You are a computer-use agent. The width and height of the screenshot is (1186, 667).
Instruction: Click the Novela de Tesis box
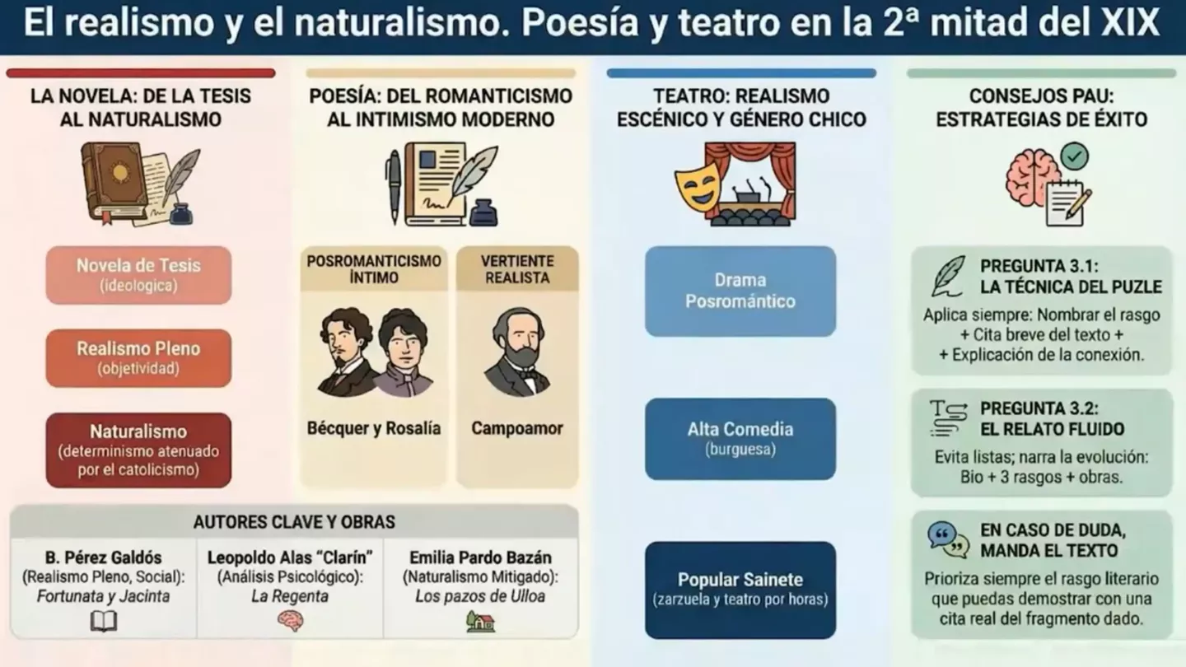138,275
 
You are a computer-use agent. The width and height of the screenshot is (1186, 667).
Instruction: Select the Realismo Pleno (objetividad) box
138,358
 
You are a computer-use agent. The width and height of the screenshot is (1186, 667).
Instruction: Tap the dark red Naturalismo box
138,450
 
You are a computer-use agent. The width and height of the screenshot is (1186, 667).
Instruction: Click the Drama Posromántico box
740,291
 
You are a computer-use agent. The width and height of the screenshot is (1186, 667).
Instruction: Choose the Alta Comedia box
740,439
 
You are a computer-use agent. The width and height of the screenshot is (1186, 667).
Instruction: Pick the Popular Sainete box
740,590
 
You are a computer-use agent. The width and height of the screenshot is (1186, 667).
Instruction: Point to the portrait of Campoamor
516,354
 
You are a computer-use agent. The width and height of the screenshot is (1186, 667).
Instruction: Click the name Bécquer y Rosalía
373,428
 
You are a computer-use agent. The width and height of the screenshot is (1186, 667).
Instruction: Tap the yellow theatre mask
697,188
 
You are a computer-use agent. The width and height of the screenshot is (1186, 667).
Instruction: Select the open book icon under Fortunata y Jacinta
104,621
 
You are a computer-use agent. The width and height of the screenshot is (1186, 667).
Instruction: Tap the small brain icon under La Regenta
290,621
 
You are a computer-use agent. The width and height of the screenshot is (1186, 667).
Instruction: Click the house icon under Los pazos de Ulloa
480,621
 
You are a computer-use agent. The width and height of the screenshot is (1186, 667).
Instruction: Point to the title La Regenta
290,596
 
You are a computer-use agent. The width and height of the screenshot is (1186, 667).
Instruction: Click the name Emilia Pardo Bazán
480,557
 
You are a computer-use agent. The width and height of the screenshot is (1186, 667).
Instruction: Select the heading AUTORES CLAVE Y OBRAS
294,522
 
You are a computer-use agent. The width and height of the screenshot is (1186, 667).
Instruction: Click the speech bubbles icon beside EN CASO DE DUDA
948,539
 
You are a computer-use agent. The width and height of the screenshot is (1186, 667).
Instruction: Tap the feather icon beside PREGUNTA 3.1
948,276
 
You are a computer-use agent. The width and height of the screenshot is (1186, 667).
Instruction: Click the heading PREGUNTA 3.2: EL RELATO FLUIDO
1052,418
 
